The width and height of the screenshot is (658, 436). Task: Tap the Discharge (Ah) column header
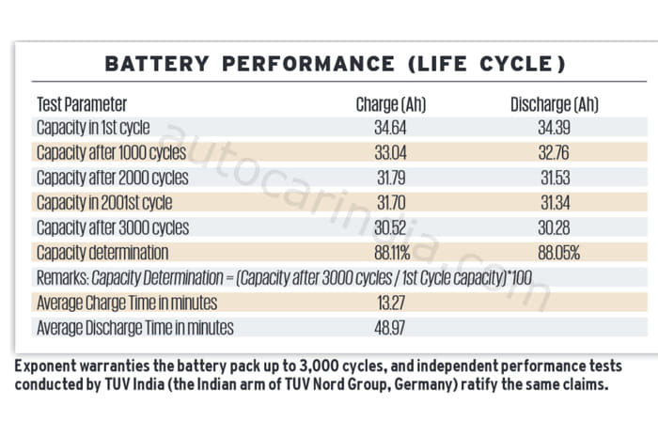coord(555,104)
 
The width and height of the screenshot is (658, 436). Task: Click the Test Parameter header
coord(81,104)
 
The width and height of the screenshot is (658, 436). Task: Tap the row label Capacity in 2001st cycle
coord(104,202)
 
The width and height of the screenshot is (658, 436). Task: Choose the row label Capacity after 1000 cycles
coord(112,152)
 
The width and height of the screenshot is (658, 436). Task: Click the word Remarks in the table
coord(62,278)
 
